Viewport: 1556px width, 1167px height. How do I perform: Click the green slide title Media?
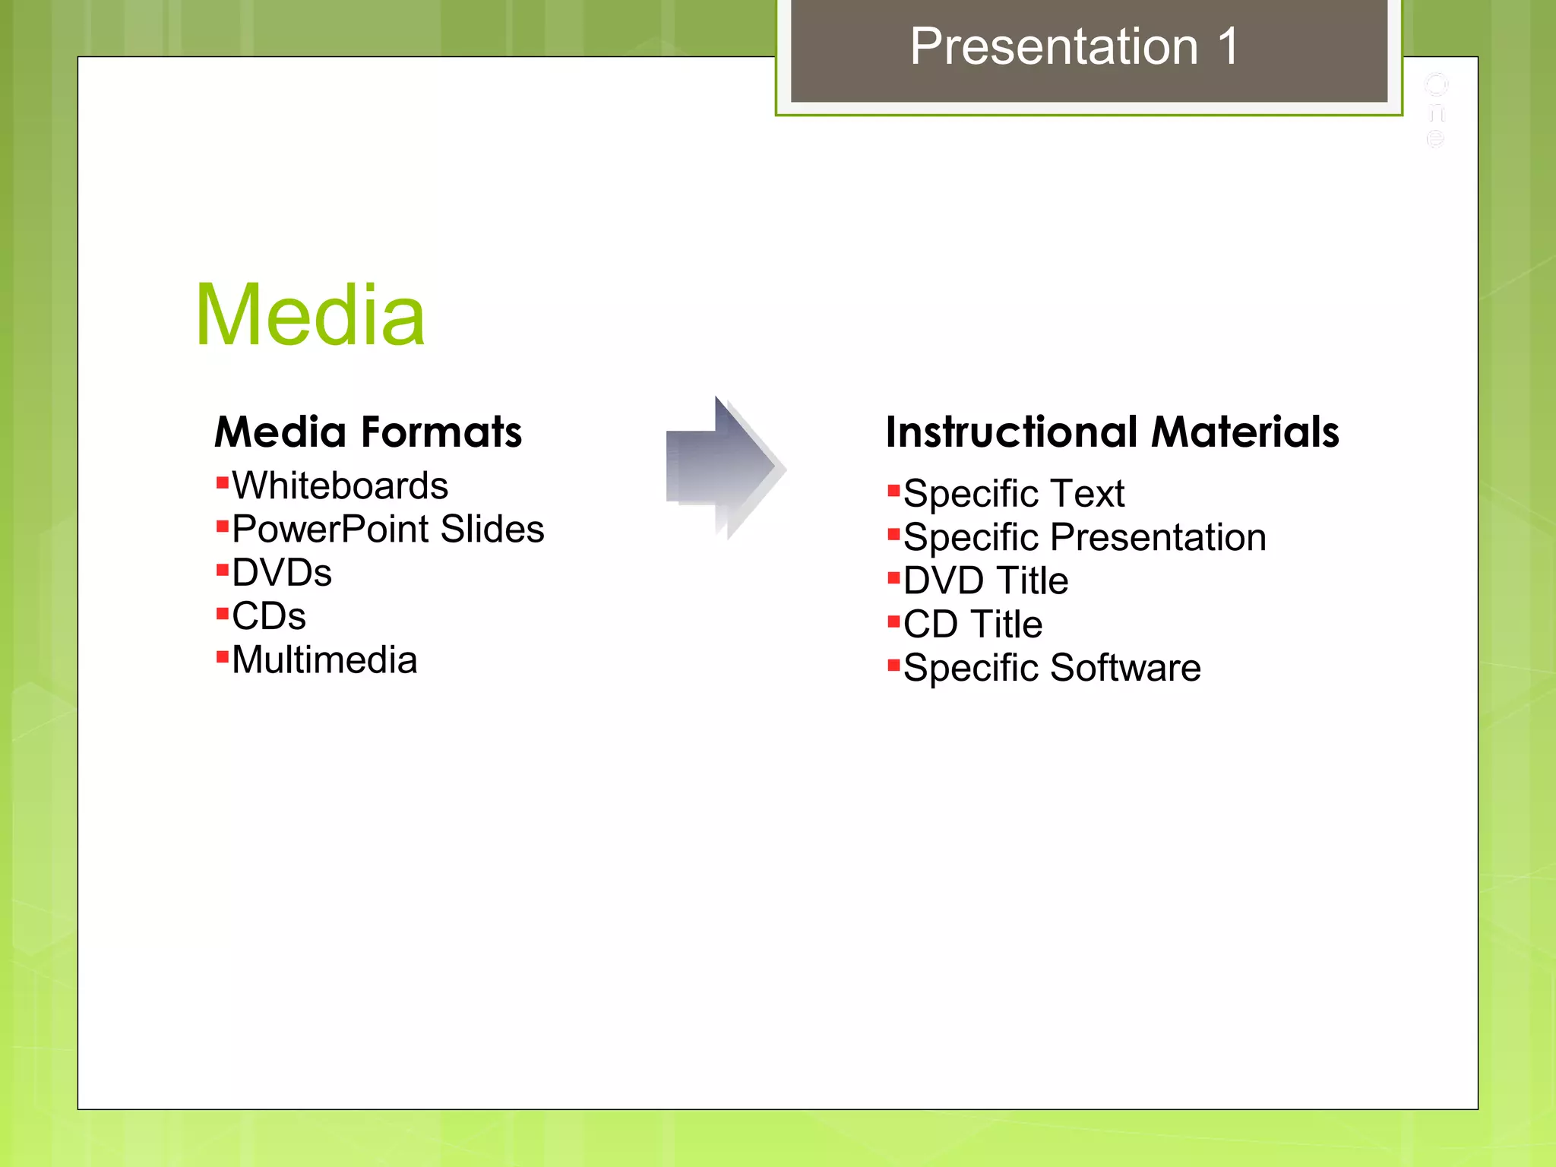[x=310, y=315]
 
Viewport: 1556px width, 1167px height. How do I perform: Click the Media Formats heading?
[x=368, y=432]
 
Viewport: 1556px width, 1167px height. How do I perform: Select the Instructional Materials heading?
[x=1112, y=432]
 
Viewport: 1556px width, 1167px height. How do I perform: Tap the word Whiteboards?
[x=340, y=485]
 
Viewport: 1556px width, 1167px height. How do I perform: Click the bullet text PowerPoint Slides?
[x=387, y=529]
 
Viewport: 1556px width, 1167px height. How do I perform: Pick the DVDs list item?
[x=282, y=572]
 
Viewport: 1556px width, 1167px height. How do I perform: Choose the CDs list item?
[x=269, y=615]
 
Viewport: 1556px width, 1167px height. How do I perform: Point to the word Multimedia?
[x=324, y=659]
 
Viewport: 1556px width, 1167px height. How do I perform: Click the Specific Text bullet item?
[x=1014, y=494]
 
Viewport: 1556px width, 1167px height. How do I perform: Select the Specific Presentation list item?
[x=1085, y=537]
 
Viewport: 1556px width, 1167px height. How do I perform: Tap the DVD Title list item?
[x=985, y=580]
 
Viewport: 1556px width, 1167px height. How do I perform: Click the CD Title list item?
[x=972, y=624]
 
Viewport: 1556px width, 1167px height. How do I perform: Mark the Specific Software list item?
[x=1052, y=668]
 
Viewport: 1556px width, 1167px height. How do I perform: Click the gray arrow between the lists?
[x=722, y=468]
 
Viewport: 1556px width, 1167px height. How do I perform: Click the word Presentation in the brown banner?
[x=1055, y=46]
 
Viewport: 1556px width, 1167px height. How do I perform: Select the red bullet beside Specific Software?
[x=894, y=666]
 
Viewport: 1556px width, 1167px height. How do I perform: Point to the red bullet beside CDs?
[x=223, y=613]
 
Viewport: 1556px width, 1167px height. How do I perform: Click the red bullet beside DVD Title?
[x=894, y=578]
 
